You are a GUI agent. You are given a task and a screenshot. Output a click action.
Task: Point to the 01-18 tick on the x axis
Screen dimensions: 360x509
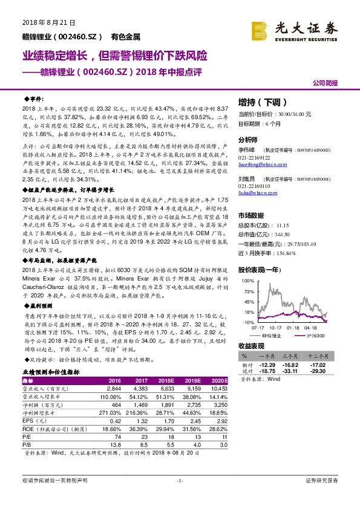293,328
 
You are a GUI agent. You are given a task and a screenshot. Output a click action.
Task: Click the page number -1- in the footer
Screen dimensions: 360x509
179,498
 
